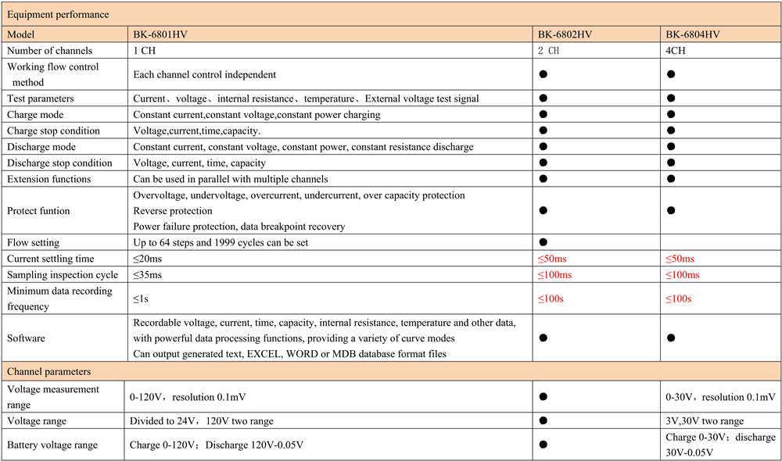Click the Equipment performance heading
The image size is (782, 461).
pyautogui.click(x=56, y=14)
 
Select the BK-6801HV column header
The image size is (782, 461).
pyautogui.click(x=162, y=34)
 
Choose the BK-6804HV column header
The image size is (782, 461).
pyautogui.click(x=693, y=34)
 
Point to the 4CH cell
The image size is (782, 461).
pyautogui.click(x=676, y=50)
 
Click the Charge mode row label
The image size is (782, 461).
pyautogui.click(x=35, y=114)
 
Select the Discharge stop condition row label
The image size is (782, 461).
pyautogui.click(x=59, y=163)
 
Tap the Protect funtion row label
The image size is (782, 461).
pyautogui.click(x=38, y=210)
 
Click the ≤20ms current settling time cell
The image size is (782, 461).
pyautogui.click(x=148, y=259)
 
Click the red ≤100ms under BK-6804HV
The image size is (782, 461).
pyautogui.click(x=683, y=274)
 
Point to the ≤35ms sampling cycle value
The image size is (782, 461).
pyautogui.click(x=148, y=274)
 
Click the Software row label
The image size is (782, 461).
pyautogui.click(x=27, y=338)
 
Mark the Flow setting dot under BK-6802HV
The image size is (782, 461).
pyautogui.click(x=542, y=242)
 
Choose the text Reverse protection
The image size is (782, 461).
pyautogui.click(x=173, y=210)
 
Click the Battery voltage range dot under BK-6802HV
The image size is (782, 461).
pyautogui.click(x=542, y=445)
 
